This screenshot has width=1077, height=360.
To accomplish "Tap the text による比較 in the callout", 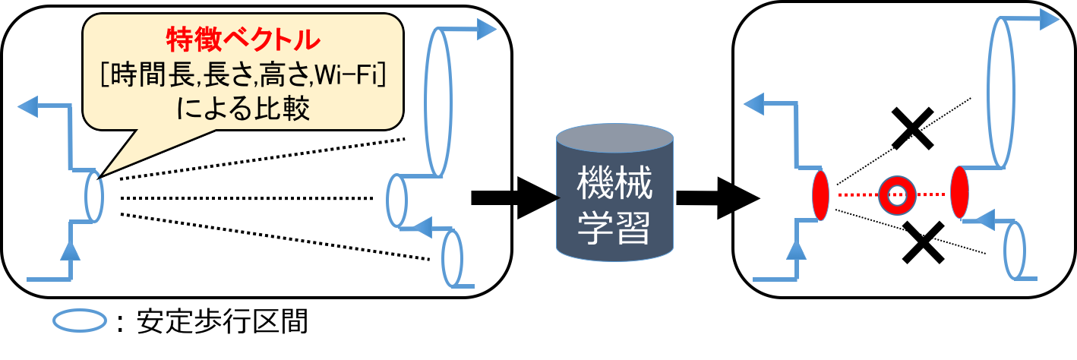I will click(x=243, y=110).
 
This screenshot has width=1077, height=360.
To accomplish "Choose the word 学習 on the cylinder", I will click(x=614, y=226).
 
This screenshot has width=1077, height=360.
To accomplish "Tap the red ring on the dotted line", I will click(x=895, y=195).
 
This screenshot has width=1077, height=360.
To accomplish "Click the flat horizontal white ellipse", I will click(x=79, y=320).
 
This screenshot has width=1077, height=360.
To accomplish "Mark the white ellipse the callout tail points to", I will click(x=93, y=197).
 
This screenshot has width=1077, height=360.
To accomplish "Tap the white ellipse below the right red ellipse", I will click(x=1013, y=251).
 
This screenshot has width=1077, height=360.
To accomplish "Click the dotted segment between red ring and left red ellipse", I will click(x=856, y=195).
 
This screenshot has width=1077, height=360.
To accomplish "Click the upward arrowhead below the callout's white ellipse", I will click(x=71, y=250).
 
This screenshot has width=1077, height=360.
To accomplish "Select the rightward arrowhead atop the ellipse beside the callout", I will click(x=487, y=30).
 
